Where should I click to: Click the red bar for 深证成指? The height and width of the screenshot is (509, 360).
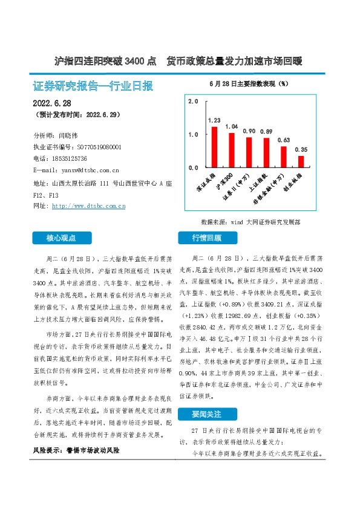[x=214, y=147]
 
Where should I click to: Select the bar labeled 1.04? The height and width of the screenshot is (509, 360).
[x=231, y=150]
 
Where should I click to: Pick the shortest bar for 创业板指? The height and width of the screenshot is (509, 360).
[x=301, y=161]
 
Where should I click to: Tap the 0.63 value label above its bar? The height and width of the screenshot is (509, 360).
[x=284, y=140]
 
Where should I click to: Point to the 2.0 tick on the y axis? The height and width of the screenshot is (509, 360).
[x=194, y=102]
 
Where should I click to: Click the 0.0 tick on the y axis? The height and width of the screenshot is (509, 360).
[x=194, y=167]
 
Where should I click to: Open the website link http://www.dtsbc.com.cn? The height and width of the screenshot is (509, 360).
[x=89, y=206]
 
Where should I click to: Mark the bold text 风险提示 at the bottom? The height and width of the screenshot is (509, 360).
[x=47, y=451]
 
